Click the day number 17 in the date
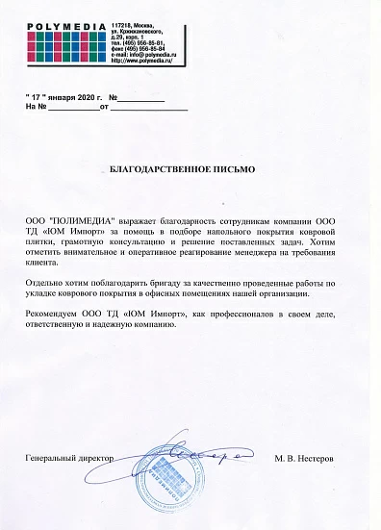35,99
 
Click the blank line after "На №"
71,110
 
